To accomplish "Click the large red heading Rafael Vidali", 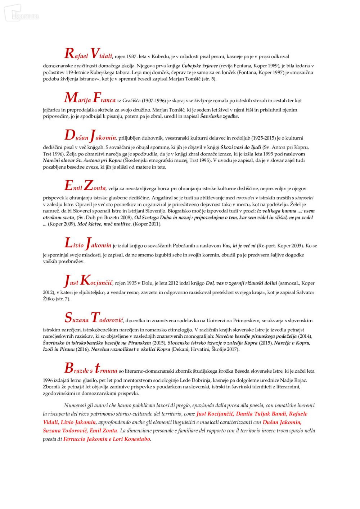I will tap(88, 54).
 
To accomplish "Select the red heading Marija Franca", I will tap(90, 98).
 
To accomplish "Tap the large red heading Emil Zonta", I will tap(85, 186).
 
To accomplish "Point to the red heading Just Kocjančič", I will tap(88, 281).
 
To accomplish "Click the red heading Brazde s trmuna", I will tap(91, 369).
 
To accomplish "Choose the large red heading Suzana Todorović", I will tap(94, 318).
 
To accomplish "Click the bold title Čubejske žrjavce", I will tap(199, 66).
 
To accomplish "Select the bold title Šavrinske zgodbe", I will tap(219, 116).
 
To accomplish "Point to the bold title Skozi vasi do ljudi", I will tap(240, 147).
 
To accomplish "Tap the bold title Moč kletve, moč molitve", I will tap(104, 224).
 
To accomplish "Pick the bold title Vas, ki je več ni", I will tap(239, 246).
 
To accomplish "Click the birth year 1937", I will tap(131, 56).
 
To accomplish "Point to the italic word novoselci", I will tap(245, 197).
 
